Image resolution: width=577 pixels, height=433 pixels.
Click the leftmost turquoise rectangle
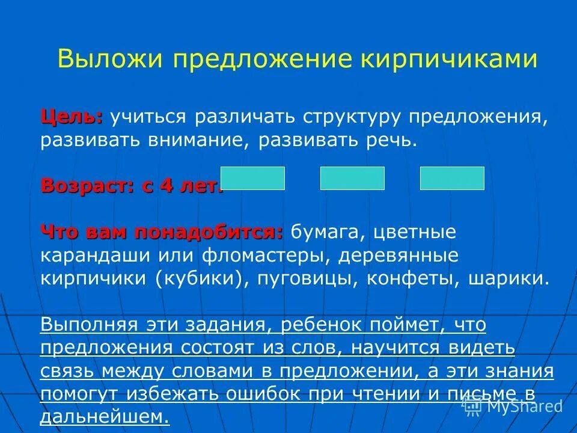point(252,179)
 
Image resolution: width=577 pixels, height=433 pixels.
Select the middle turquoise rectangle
point(352,179)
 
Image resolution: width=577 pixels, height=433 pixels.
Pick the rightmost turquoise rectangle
point(452,179)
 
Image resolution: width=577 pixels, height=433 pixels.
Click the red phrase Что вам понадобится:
point(162,232)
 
